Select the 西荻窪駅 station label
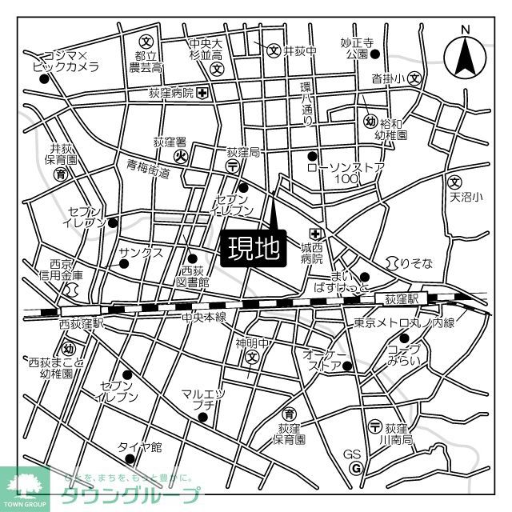click(x=82, y=324)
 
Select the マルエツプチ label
click(x=203, y=399)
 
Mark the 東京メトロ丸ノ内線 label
click(x=404, y=322)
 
